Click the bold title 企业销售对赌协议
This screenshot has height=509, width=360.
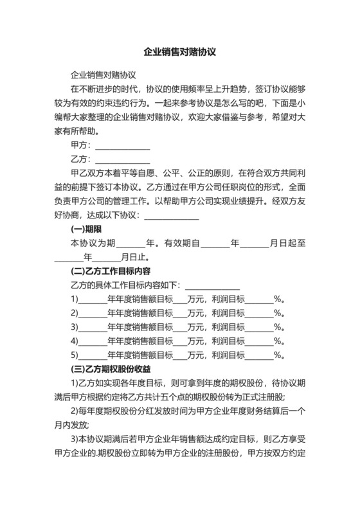coord(179,53)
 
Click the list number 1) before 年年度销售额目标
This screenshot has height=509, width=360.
coord(74,299)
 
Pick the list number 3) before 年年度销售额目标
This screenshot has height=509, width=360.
coord(74,327)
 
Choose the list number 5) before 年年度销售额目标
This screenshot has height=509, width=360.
coord(74,355)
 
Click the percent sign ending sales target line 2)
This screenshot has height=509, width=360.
coord(279,313)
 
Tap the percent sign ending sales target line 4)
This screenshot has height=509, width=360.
coord(279,341)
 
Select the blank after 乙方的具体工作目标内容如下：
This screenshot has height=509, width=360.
coord(212,285)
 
